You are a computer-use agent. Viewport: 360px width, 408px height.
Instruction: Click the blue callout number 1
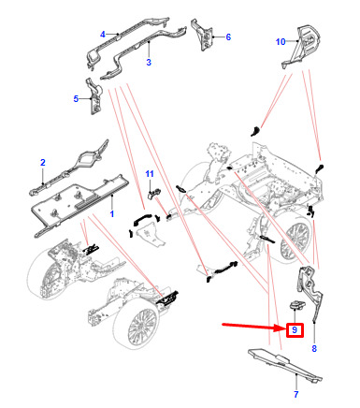pos(112,213)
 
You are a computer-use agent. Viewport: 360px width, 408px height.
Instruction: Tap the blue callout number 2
pos(43,162)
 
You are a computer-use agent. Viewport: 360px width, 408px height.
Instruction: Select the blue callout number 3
pos(149,62)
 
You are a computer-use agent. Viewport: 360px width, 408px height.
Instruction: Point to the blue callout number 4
pos(103,35)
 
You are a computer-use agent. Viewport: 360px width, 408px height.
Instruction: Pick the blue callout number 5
pos(76,99)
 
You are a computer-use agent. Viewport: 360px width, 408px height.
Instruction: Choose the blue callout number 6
pos(228,37)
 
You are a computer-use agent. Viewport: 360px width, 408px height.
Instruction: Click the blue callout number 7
pos(295,394)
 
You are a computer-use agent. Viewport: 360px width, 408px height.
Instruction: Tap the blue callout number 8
pos(314,348)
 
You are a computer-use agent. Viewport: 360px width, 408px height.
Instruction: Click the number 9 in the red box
pos(295,329)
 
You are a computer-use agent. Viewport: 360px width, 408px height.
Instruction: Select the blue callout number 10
pos(281,41)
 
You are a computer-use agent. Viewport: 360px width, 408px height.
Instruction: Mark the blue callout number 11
pos(150,174)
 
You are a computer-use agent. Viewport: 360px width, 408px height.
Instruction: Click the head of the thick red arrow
pos(281,328)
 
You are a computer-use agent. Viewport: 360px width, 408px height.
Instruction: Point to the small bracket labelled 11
pos(153,194)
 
